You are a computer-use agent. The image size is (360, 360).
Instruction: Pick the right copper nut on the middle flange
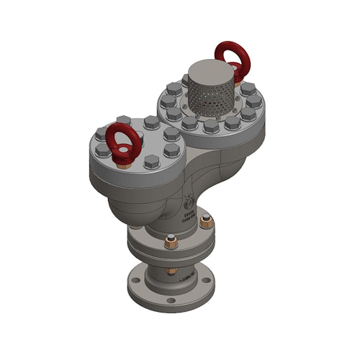[x=207, y=221]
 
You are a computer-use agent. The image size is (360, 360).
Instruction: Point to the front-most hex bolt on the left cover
[x=151, y=161]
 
